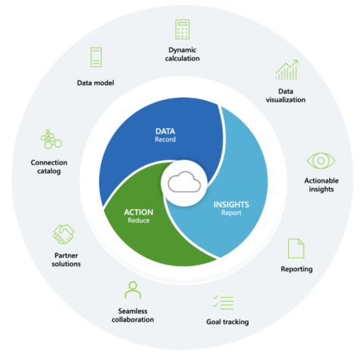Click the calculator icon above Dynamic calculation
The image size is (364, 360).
click(x=182, y=30)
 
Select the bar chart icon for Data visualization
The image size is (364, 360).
click(x=286, y=71)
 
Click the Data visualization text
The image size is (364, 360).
click(x=286, y=95)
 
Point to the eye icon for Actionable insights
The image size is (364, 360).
click(x=321, y=161)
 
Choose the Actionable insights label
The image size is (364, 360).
click(x=321, y=186)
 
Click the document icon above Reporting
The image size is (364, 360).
click(x=296, y=247)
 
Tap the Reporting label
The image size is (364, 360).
click(x=296, y=269)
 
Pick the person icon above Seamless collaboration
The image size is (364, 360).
click(x=133, y=290)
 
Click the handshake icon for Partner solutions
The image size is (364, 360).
click(x=63, y=233)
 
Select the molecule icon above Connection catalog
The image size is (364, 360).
click(x=51, y=140)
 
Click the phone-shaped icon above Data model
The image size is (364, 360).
click(x=96, y=57)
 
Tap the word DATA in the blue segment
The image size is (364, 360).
click(x=165, y=130)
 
